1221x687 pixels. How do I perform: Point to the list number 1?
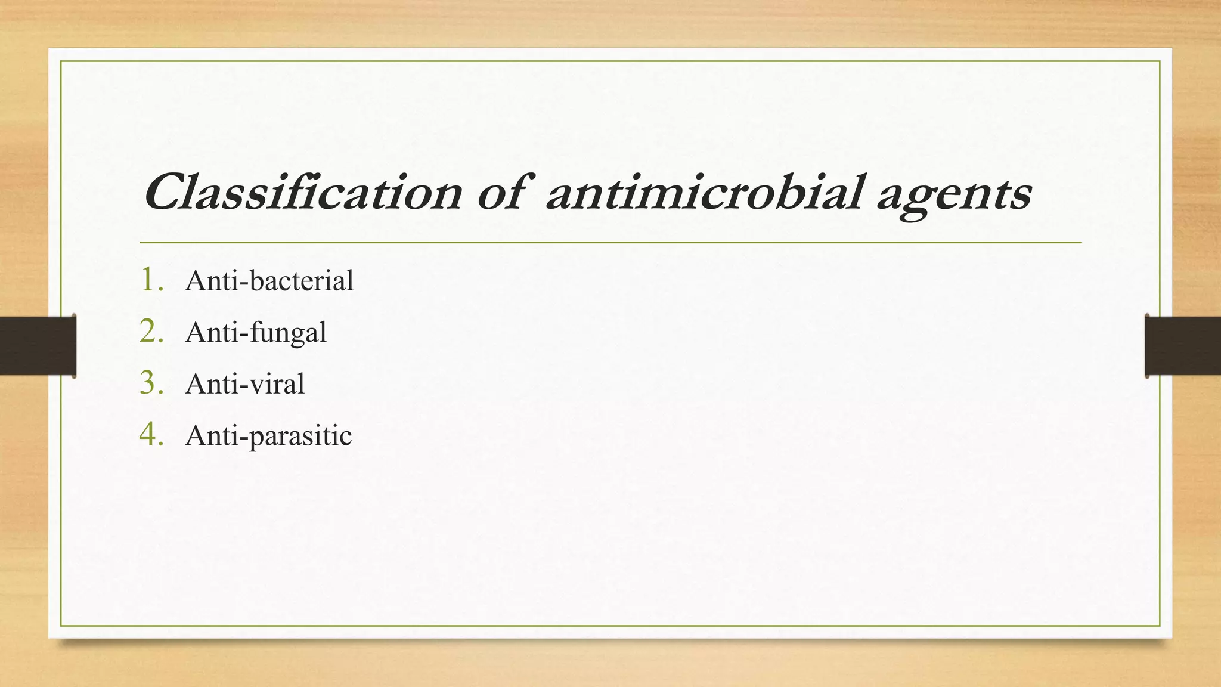pyautogui.click(x=150, y=280)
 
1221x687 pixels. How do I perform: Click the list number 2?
pyautogui.click(x=150, y=332)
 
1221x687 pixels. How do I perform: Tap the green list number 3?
pyautogui.click(x=150, y=383)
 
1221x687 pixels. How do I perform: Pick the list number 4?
pyautogui.click(x=150, y=435)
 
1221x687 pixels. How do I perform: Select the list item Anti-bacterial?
pyautogui.click(x=269, y=280)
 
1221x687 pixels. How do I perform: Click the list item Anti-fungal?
pyautogui.click(x=256, y=332)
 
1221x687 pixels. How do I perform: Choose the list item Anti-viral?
pyautogui.click(x=245, y=383)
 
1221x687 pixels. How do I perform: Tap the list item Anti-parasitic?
pyautogui.click(x=268, y=435)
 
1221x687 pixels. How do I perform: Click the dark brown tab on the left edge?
pyautogui.click(x=38, y=346)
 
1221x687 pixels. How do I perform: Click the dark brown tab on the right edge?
pyautogui.click(x=1183, y=346)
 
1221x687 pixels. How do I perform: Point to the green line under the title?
pyautogui.click(x=610, y=243)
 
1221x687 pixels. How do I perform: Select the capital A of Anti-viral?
pyautogui.click(x=196, y=383)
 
